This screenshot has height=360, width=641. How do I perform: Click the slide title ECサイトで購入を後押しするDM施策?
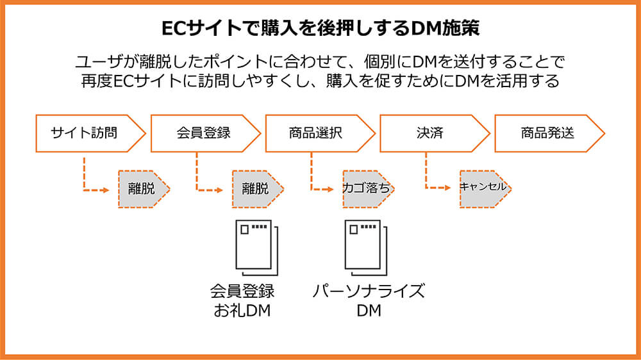(x=320, y=29)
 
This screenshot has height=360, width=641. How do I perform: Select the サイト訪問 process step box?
(x=87, y=133)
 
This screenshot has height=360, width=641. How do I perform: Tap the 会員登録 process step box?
(x=203, y=133)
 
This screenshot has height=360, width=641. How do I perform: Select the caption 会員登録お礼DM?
(x=243, y=302)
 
